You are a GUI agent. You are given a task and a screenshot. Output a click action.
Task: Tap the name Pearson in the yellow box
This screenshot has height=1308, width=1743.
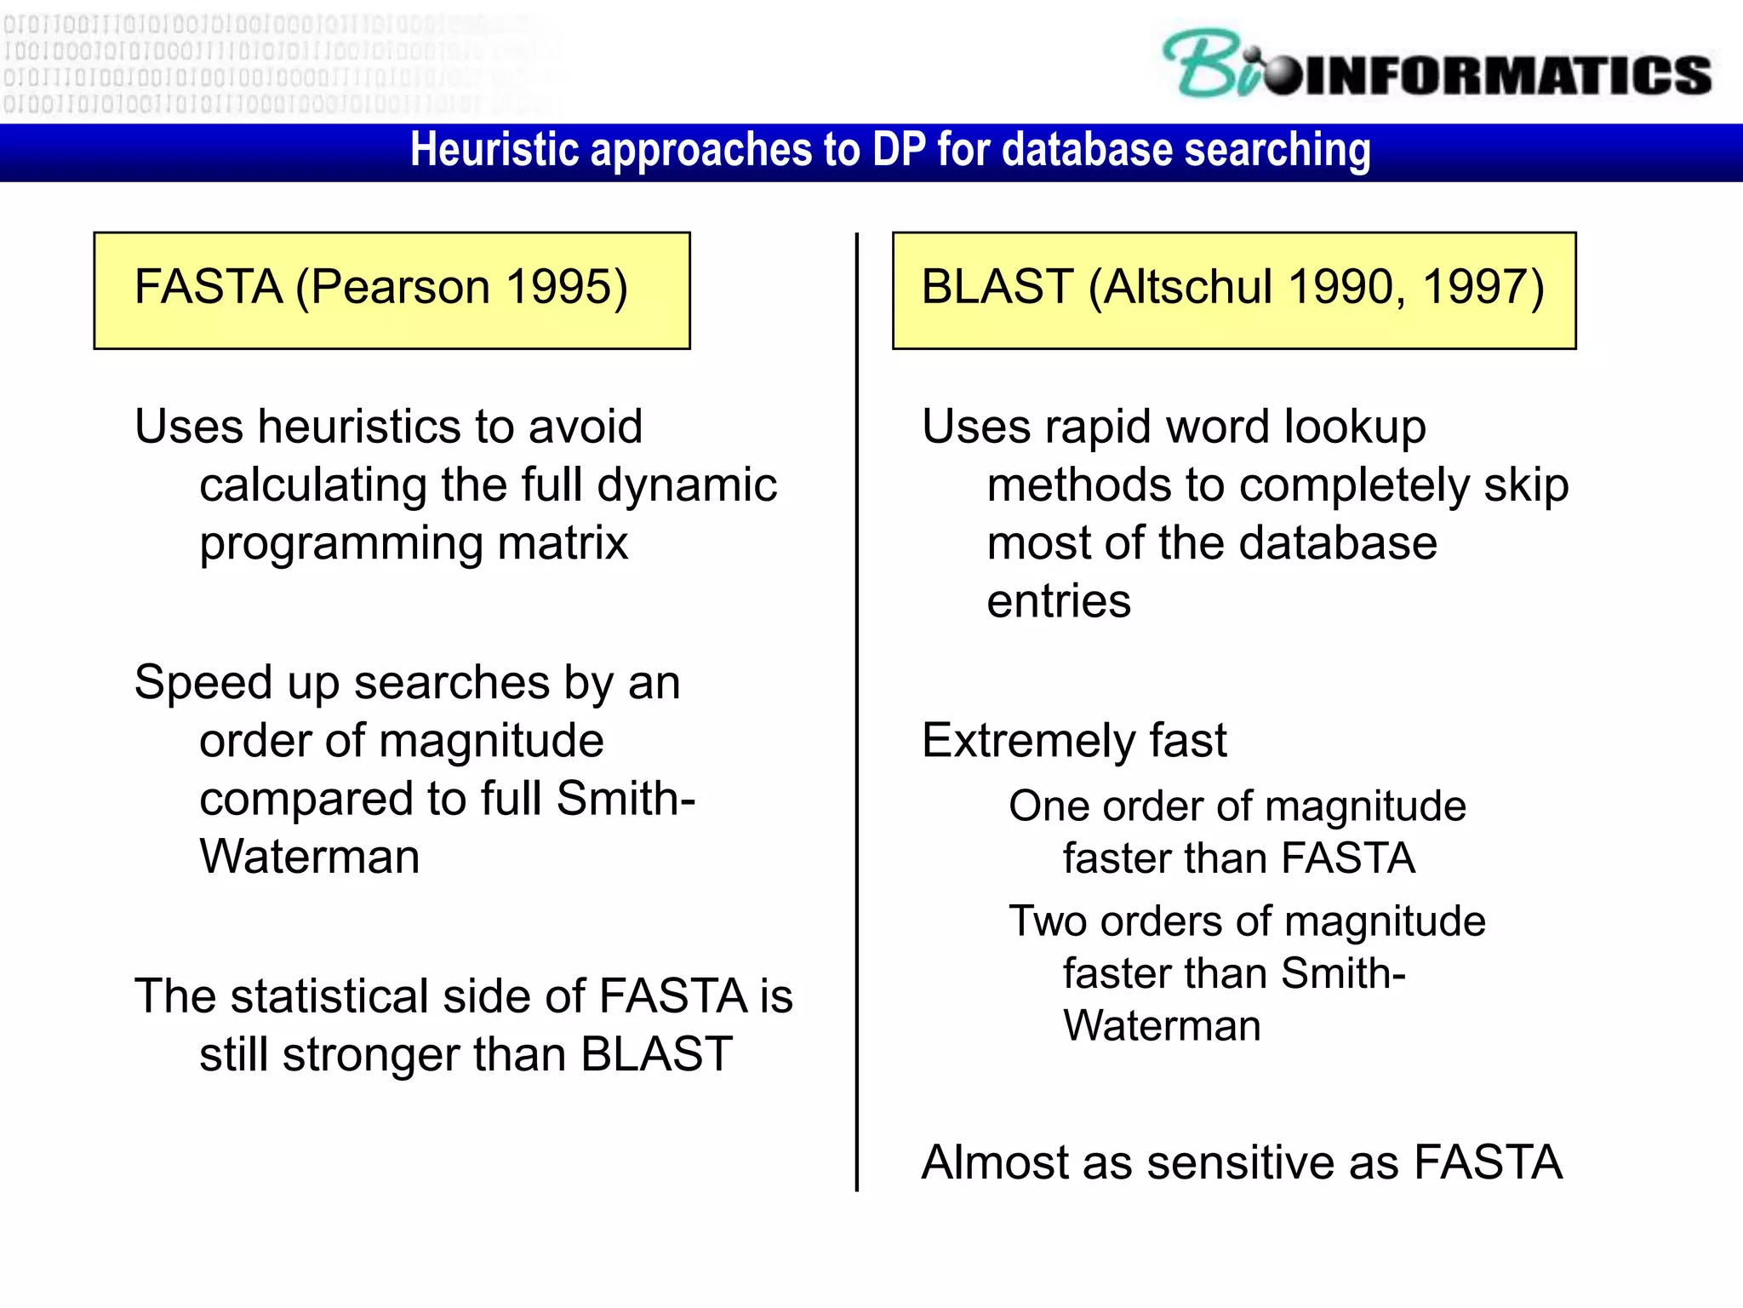pyautogui.click(x=399, y=287)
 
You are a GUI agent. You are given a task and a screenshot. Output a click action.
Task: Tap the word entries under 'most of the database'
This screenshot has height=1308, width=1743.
pyautogui.click(x=1059, y=601)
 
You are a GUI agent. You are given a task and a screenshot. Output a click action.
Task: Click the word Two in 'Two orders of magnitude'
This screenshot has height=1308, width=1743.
pyautogui.click(x=1045, y=921)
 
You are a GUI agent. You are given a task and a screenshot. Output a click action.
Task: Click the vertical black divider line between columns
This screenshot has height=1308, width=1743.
pyautogui.click(x=856, y=707)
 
